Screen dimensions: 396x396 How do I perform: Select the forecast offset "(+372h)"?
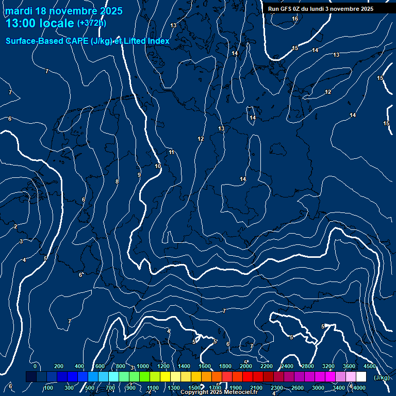92,23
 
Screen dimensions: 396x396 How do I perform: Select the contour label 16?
295,19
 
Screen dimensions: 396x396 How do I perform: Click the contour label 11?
172,152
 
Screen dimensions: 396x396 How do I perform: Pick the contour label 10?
158,166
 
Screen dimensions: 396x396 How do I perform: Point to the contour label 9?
139,175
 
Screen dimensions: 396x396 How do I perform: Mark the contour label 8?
117,181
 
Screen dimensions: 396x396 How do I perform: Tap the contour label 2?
15,226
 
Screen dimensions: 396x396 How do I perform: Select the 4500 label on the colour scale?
370,366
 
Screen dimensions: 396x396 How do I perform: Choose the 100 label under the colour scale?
48,388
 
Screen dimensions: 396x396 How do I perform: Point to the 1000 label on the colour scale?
143,366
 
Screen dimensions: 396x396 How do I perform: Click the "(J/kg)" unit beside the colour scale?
382,378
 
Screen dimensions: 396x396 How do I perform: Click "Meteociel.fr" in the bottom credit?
241,392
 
